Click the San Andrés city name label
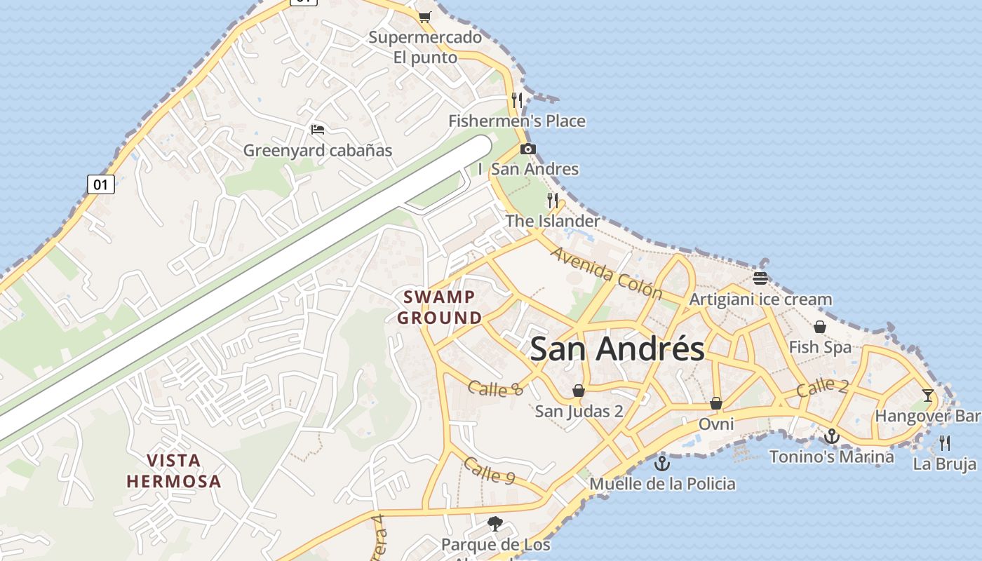tap(617, 349)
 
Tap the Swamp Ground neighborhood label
tap(440, 307)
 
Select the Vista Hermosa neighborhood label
tap(174, 471)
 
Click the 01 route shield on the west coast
tap(101, 184)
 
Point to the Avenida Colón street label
tap(607, 272)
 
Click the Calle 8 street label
tap(495, 388)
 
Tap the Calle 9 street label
tap(490, 471)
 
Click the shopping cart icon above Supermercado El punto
tap(424, 16)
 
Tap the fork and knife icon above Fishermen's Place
tap(517, 100)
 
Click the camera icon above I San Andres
tap(528, 149)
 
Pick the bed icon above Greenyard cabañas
tap(318, 130)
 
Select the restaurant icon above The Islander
tap(553, 201)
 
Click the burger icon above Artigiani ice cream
tap(760, 278)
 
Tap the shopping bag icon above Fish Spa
tap(820, 327)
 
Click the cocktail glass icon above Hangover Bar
tap(928, 395)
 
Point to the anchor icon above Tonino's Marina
tap(831, 437)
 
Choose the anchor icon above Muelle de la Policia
tap(661, 464)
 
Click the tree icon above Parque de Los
tap(495, 523)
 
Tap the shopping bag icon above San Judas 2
tap(579, 391)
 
